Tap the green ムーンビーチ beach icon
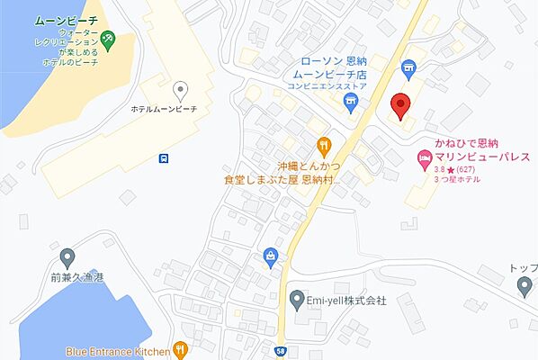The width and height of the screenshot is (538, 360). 106,40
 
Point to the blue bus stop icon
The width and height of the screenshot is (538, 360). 164,158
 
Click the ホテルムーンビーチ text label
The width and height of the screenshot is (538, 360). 164,109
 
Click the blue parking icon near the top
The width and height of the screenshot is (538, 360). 408,65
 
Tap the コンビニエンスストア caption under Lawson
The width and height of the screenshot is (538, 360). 327,87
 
